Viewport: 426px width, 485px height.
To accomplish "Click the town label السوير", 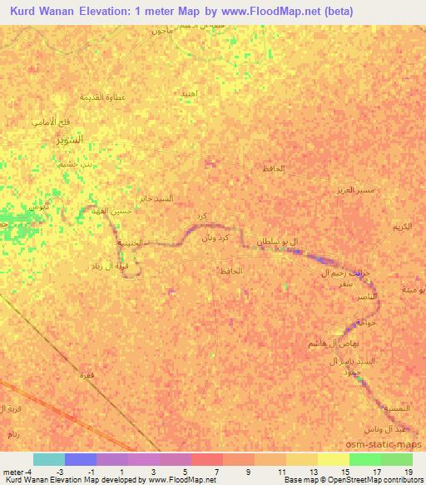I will tap(69, 139).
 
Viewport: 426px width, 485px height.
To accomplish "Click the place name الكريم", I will tap(403, 227).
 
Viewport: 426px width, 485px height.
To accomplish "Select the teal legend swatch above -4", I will tap(49, 459).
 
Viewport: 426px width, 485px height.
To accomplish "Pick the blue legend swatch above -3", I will tap(81, 459).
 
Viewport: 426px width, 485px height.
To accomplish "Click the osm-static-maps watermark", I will tap(390, 443).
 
